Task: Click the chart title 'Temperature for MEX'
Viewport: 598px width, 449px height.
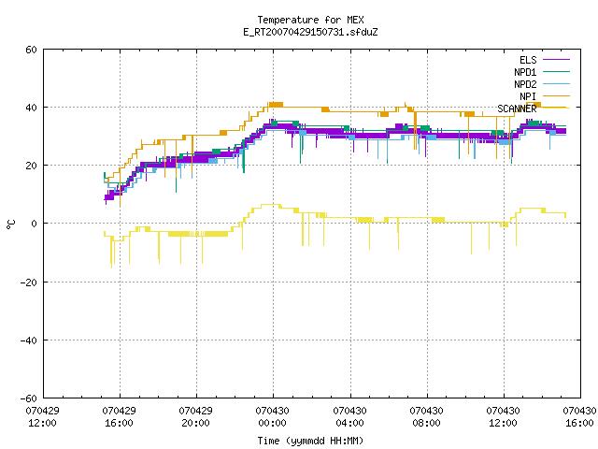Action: (x=310, y=20)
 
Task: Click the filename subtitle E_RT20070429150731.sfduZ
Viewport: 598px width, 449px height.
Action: (x=310, y=32)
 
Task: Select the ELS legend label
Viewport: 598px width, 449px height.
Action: (x=528, y=60)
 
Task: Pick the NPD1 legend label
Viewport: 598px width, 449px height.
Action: (x=525, y=72)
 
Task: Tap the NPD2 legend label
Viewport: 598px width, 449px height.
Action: (x=525, y=84)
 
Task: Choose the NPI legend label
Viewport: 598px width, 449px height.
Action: (x=528, y=96)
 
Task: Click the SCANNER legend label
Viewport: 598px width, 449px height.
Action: (x=517, y=109)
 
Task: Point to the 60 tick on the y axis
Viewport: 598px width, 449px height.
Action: (x=31, y=50)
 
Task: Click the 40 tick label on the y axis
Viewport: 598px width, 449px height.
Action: (x=31, y=108)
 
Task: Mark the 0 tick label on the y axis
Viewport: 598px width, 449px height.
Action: (x=35, y=224)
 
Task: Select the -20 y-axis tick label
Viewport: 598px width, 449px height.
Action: (x=29, y=282)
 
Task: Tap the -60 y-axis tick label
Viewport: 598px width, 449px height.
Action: (x=29, y=398)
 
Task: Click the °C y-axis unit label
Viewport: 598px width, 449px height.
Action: (x=10, y=224)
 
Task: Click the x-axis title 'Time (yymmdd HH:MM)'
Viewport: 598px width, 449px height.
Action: (x=310, y=441)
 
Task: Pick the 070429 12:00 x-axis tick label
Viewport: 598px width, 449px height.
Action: (x=42, y=417)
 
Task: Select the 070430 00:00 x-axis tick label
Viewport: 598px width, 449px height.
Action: (x=272, y=417)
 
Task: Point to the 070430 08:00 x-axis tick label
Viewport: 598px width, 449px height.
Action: (x=426, y=417)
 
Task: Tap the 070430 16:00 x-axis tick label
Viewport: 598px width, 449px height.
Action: (x=579, y=417)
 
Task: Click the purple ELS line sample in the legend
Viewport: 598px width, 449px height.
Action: (x=556, y=60)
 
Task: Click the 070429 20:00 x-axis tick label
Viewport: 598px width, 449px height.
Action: (x=195, y=417)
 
